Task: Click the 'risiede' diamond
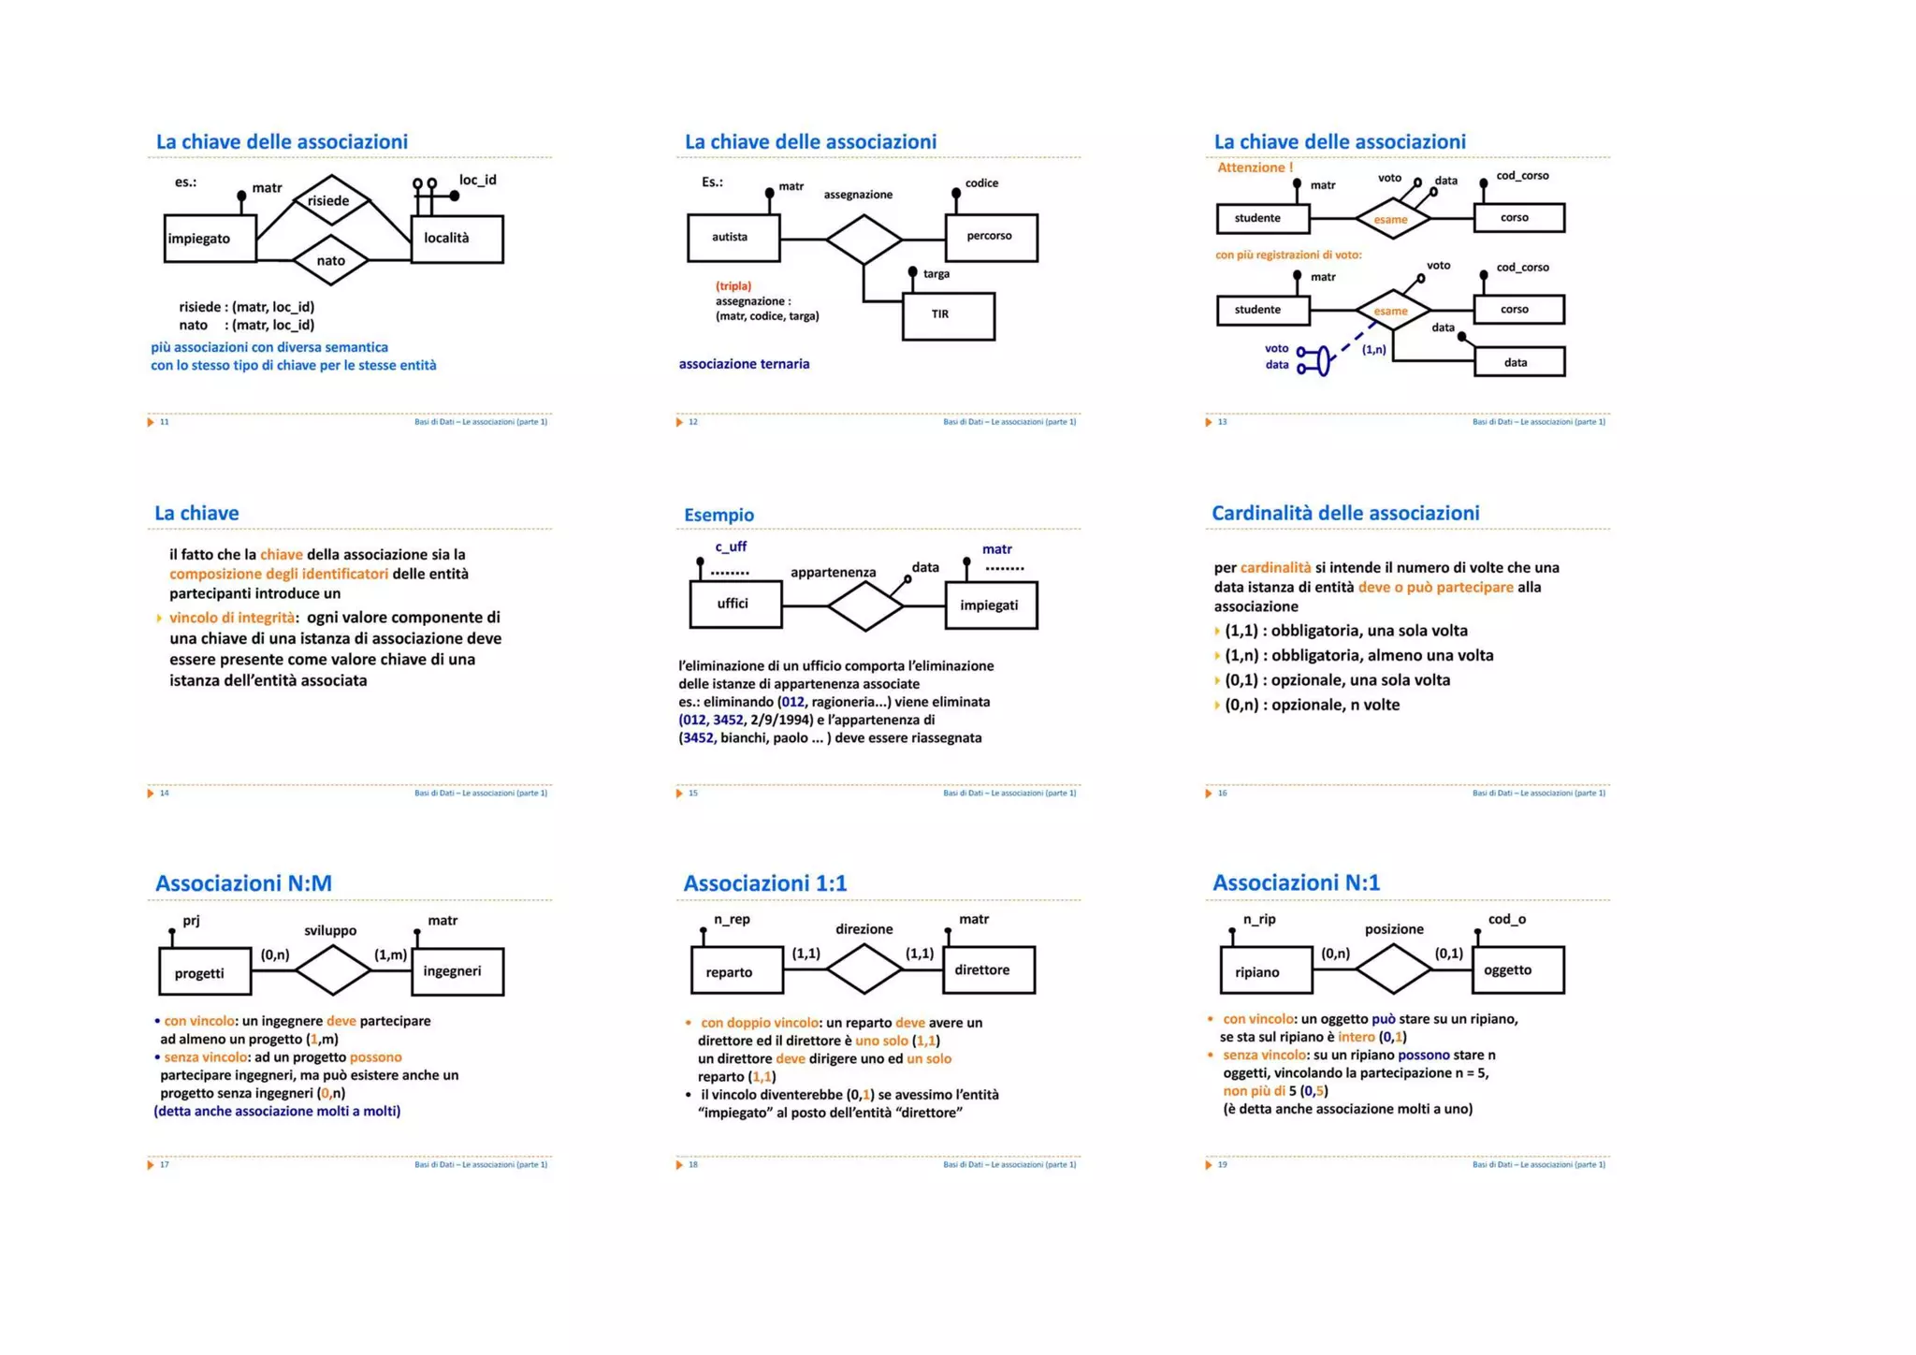(x=330, y=200)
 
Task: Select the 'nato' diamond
(x=330, y=260)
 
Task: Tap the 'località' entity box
(x=457, y=239)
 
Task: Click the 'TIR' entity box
(x=948, y=316)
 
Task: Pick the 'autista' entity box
(x=733, y=238)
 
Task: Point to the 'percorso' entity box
(x=991, y=238)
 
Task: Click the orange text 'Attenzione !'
(x=1255, y=168)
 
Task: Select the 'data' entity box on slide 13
(x=1518, y=362)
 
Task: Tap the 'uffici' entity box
(x=734, y=605)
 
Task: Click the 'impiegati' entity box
(x=991, y=605)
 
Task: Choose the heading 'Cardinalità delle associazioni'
(x=1345, y=513)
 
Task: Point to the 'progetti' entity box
(x=204, y=972)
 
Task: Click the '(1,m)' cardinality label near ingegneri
(x=391, y=954)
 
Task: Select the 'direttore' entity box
(x=988, y=970)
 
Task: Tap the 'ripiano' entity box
(x=1265, y=970)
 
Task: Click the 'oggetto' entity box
(x=1517, y=970)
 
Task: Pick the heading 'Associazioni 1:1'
(x=764, y=883)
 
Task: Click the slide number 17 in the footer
(x=165, y=1165)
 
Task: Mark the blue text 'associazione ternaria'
(x=744, y=364)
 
